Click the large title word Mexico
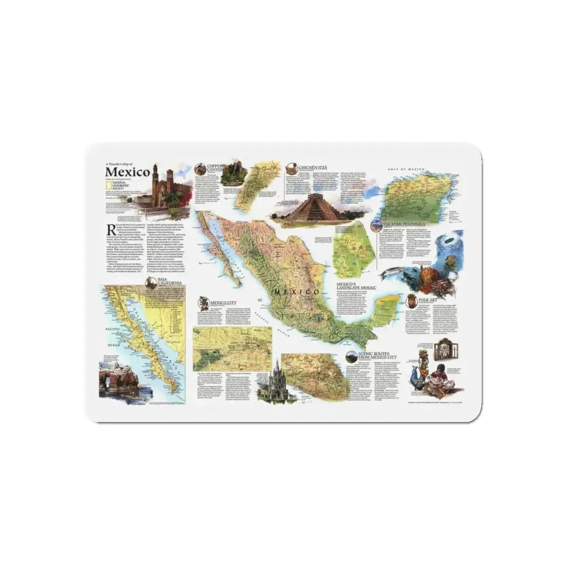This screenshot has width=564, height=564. [128, 171]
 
